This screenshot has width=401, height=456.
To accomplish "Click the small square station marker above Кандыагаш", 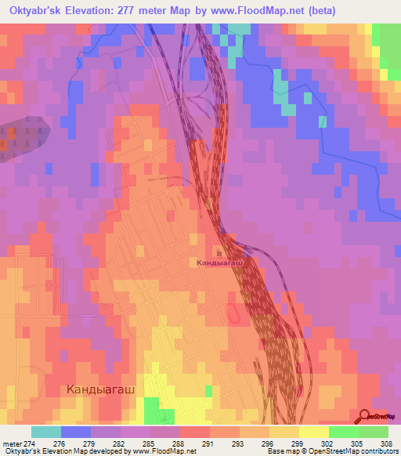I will [219, 252].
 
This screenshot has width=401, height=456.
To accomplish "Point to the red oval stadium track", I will [233, 313].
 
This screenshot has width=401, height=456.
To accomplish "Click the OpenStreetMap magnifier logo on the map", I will [365, 416].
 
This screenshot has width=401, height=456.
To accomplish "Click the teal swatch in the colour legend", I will [46, 432].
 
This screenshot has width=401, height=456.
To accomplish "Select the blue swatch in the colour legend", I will [76, 432].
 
